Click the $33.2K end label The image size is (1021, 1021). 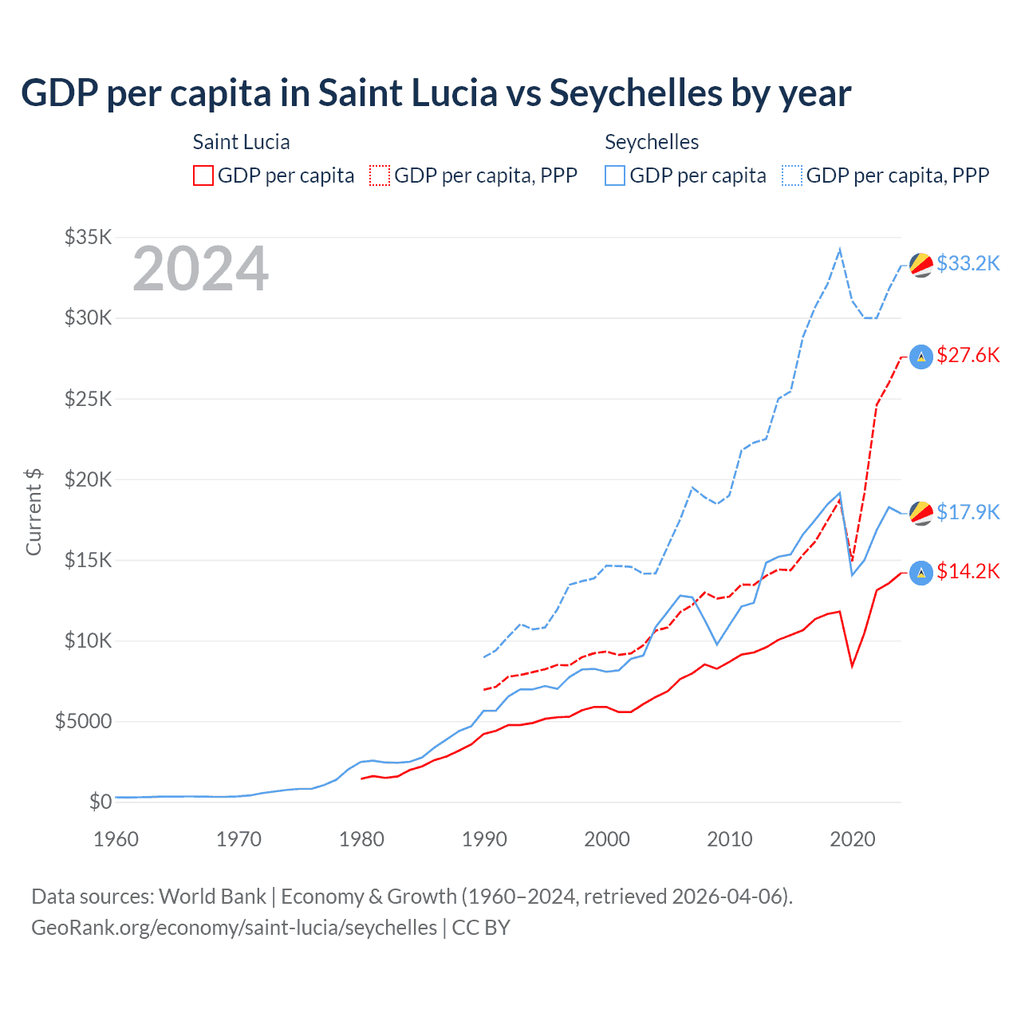pos(968,263)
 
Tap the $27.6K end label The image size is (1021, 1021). pos(968,355)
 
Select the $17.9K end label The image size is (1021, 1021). pos(968,512)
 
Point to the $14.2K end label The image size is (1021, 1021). pos(968,571)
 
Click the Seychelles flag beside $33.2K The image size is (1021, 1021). pos(921,265)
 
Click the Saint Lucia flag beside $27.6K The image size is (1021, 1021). pos(921,357)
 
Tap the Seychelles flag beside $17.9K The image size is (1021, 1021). pos(921,513)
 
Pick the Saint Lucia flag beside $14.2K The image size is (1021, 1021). pos(921,573)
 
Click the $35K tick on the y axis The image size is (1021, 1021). pos(89,237)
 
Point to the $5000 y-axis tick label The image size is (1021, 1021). pos(83,722)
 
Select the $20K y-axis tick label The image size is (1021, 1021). pos(89,479)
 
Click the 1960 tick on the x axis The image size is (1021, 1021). pos(116,839)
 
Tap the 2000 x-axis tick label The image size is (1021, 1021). pos(607,839)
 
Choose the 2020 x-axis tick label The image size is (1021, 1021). pos(853,839)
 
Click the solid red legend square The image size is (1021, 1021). pos(203,175)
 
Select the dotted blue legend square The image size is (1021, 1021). pos(792,175)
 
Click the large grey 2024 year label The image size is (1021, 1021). pos(200,270)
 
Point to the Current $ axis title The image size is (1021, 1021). pos(34,512)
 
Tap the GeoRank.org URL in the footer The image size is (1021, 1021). pos(234,928)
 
